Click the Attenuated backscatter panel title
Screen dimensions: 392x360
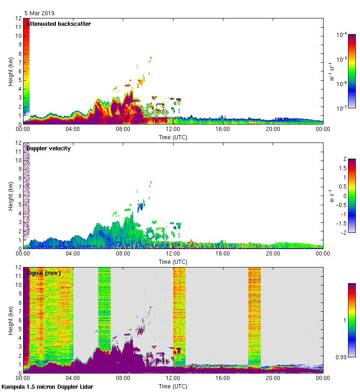59,24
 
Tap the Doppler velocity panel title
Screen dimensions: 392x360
48,148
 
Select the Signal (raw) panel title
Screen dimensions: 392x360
44,273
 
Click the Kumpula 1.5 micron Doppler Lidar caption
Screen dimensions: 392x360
48,386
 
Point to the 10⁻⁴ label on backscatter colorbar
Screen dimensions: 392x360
342,35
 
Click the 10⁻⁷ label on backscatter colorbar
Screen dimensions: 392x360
342,108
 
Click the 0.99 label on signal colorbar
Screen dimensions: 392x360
341,357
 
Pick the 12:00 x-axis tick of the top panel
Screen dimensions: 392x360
173,130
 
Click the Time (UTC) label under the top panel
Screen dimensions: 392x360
173,137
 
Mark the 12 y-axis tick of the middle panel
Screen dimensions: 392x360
19,143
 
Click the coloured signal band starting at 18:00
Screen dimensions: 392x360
254,314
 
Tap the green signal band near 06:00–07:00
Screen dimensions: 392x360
104,304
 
